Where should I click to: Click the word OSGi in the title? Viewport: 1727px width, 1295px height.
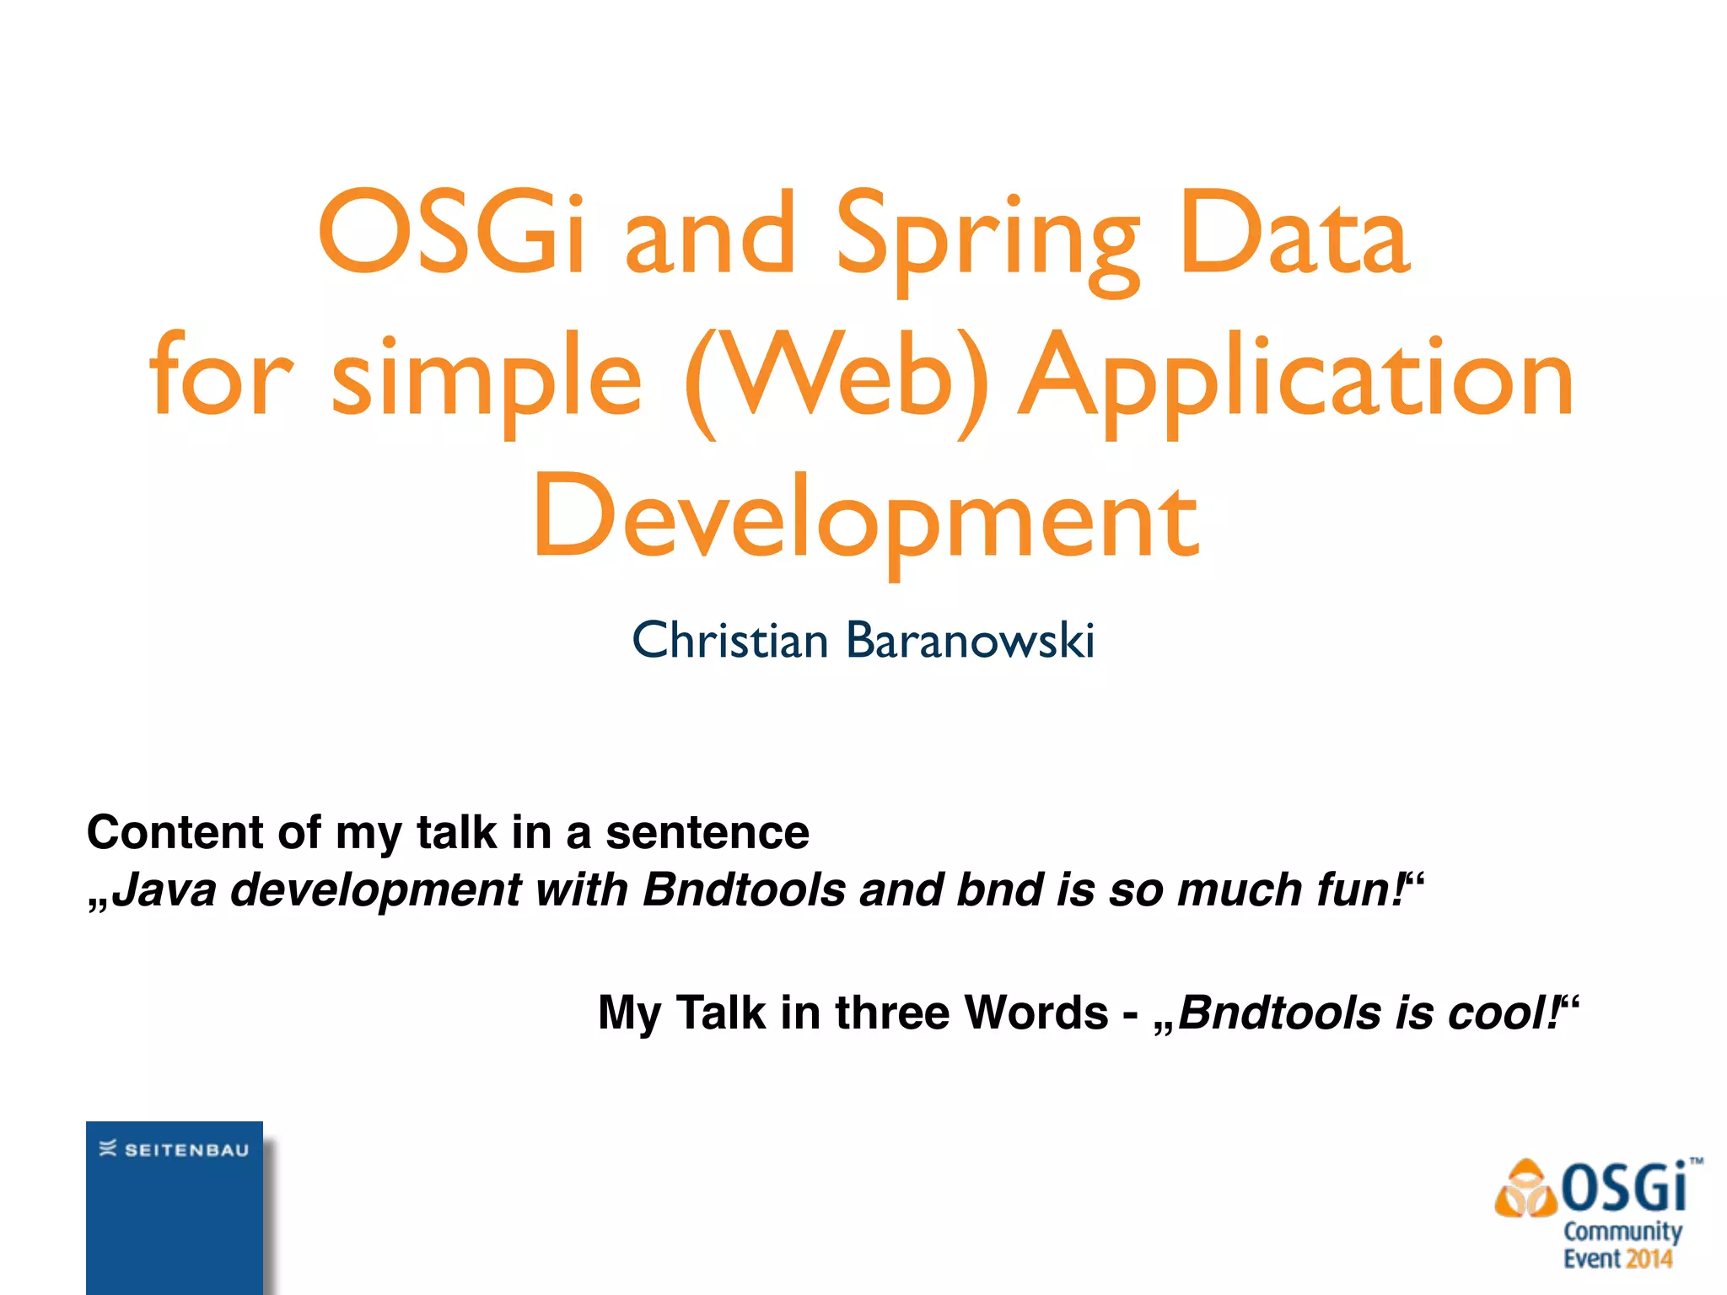point(451,234)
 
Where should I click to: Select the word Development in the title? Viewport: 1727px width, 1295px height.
point(864,519)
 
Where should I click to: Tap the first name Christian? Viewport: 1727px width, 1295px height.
point(730,640)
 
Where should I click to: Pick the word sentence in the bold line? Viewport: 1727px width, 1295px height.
point(707,833)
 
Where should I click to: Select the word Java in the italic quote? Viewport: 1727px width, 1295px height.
point(164,890)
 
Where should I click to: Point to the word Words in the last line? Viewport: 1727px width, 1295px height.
point(1036,1013)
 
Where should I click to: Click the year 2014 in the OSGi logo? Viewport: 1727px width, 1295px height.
point(1649,1260)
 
